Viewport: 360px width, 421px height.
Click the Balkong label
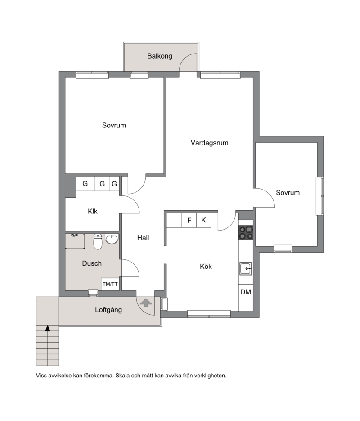pyautogui.click(x=160, y=56)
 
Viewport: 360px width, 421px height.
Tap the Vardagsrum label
pyautogui.click(x=210, y=143)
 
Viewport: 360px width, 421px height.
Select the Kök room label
pyautogui.click(x=206, y=267)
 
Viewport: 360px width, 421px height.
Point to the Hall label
pyautogui.click(x=143, y=238)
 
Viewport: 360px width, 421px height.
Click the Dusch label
pyautogui.click(x=92, y=263)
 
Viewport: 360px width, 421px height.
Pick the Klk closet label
pyautogui.click(x=93, y=211)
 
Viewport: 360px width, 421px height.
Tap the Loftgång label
pyautogui.click(x=108, y=310)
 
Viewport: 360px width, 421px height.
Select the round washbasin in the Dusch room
pyautogui.click(x=112, y=239)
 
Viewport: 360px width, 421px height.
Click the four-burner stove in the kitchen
pyautogui.click(x=246, y=232)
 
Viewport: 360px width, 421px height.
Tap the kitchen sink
pyautogui.click(x=245, y=268)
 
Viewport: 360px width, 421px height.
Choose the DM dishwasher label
pyautogui.click(x=246, y=292)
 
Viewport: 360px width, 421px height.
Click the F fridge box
pyautogui.click(x=189, y=220)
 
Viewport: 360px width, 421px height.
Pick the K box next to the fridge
pyautogui.click(x=203, y=220)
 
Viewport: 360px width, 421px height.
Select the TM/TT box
pyautogui.click(x=110, y=284)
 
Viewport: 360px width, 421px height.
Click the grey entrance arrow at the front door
pyautogui.click(x=146, y=303)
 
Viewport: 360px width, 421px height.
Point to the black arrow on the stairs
pyautogui.click(x=48, y=328)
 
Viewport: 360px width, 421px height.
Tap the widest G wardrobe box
pyautogui.click(x=85, y=184)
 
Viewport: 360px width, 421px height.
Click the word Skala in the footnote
pyautogui.click(x=122, y=376)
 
